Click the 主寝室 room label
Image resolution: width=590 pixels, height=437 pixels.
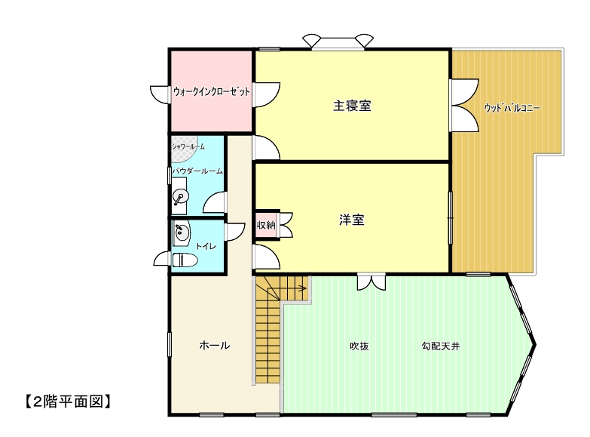coord(352,106)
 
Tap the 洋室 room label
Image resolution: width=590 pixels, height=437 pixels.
coord(352,220)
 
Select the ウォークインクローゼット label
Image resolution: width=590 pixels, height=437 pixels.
coord(212,91)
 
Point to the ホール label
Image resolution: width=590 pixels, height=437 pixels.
coord(215,345)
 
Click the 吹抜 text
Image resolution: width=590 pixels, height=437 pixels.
coord(359,346)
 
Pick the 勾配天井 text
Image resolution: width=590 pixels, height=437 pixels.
coord(441,346)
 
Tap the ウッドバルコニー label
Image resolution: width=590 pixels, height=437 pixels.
coord(512,108)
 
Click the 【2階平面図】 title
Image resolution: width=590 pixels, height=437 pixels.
coord(68,402)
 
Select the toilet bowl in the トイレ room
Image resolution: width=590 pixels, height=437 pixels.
coord(185,260)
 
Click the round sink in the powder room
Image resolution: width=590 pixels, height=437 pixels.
coord(180,197)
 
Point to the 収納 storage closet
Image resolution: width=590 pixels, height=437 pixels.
coord(266,225)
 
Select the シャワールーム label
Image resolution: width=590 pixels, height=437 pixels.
coord(188,146)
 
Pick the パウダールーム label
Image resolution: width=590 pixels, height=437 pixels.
coord(197,171)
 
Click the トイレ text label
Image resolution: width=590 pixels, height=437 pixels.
coord(206,246)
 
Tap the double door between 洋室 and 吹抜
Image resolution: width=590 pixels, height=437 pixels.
coord(371,283)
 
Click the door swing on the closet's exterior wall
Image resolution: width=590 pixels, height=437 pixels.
coord(159,94)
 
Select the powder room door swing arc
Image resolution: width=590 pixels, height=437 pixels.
coord(213,202)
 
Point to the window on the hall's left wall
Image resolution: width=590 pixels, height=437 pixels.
coord(170,344)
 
